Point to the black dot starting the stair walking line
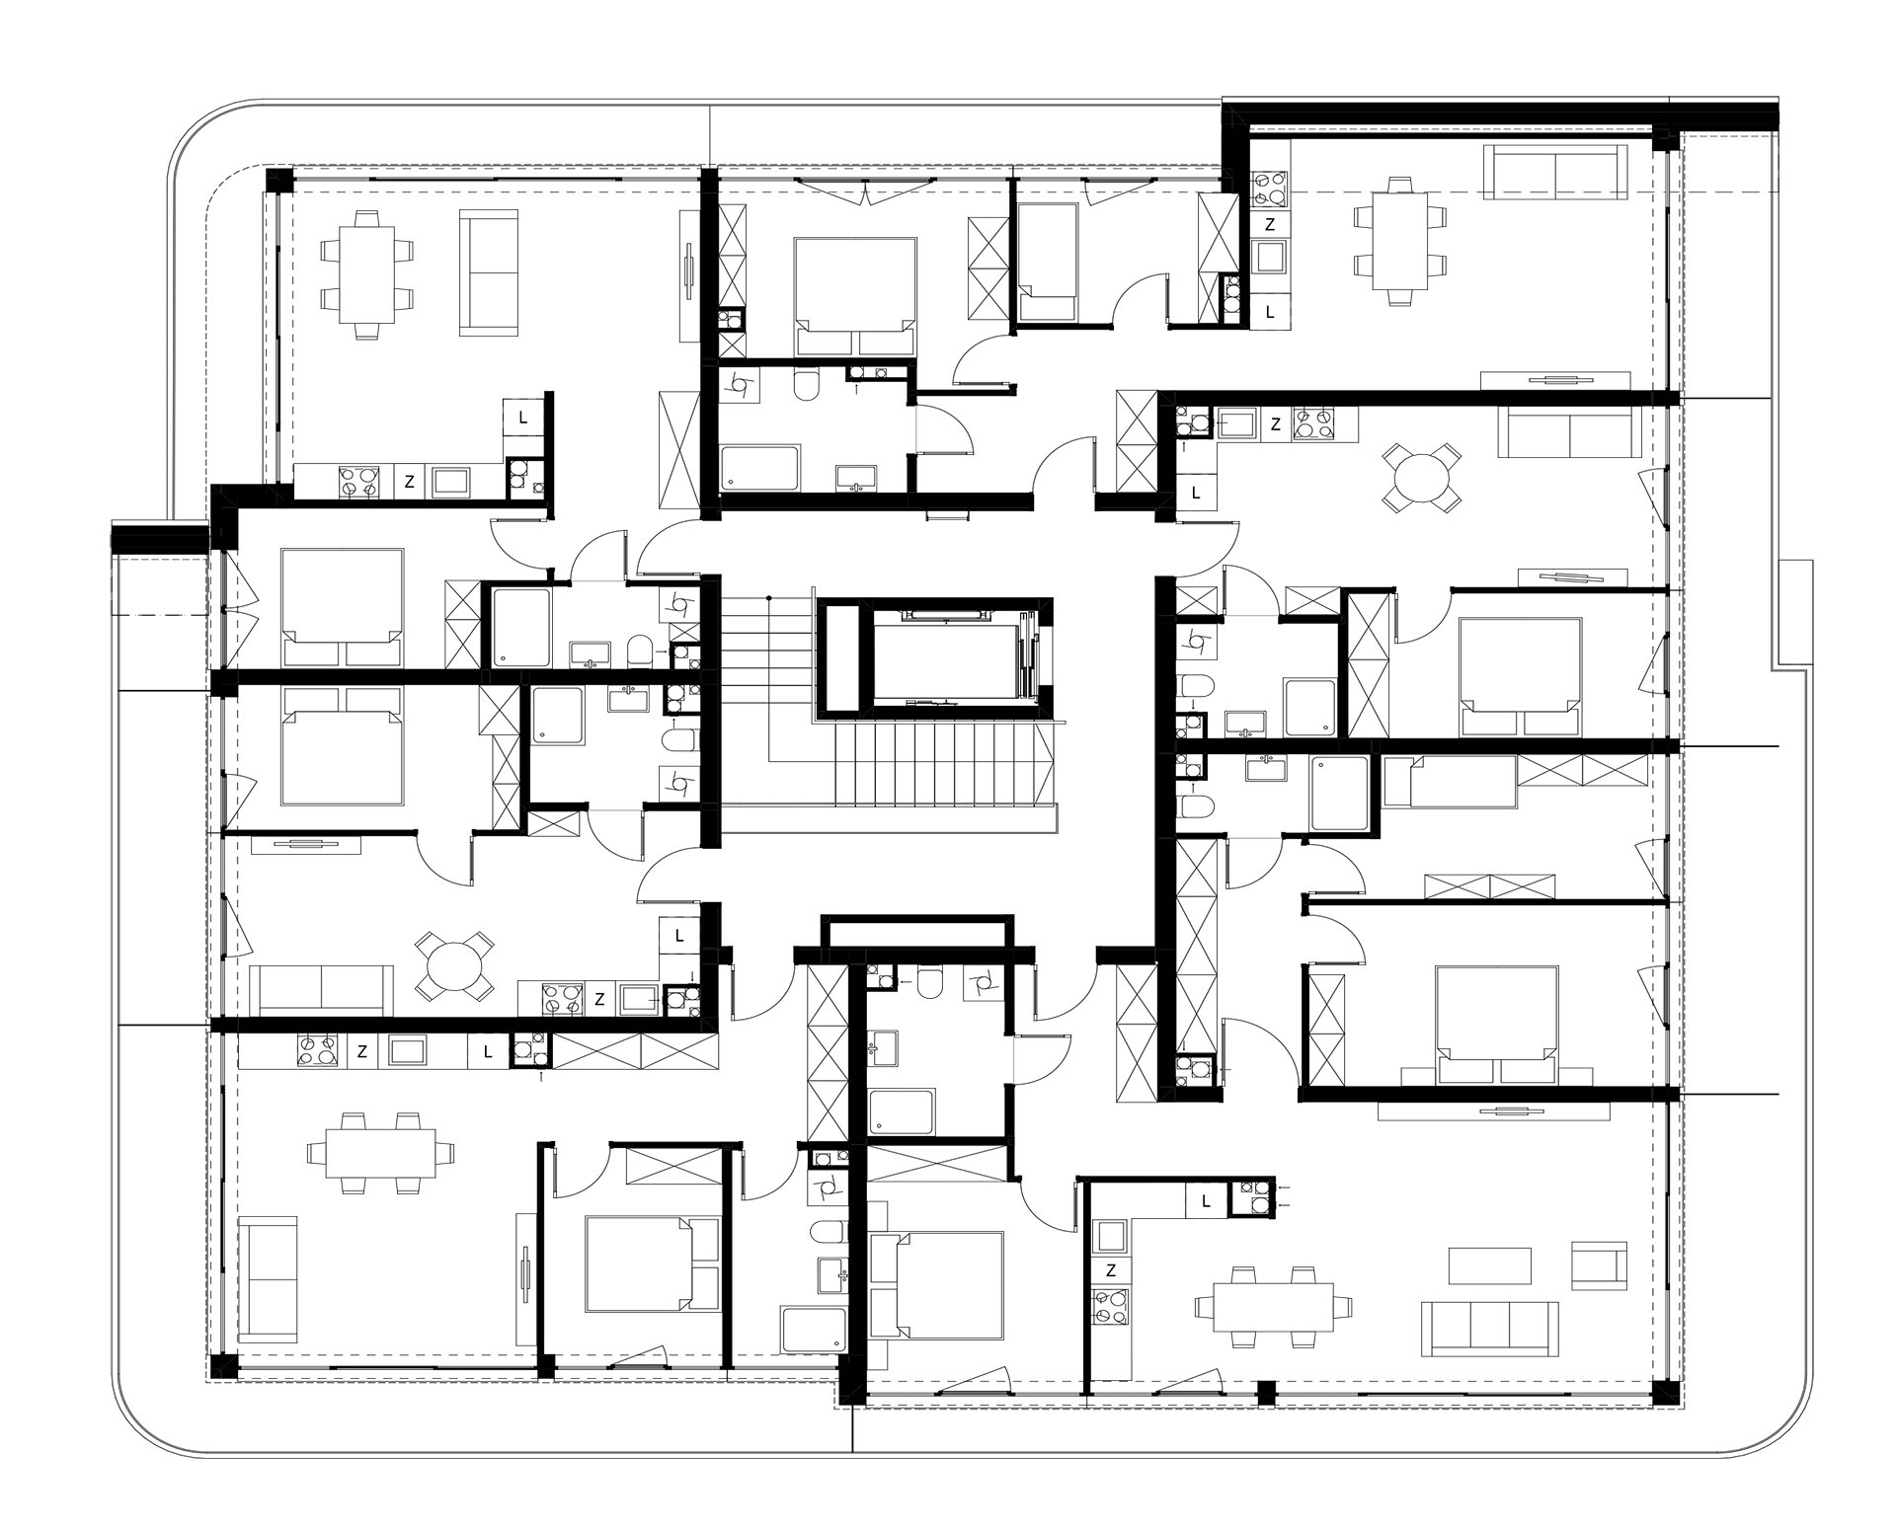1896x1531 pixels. click(768, 597)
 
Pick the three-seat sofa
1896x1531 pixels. click(1490, 1329)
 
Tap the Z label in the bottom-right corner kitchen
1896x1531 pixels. click(1112, 1269)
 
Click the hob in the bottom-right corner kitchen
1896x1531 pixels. click(1111, 1308)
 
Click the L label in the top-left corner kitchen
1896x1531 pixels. click(523, 418)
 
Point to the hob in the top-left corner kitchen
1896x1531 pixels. click(357, 482)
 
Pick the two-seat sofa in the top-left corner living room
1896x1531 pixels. click(489, 272)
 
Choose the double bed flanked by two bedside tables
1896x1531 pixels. click(1496, 1028)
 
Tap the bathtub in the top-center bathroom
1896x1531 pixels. click(759, 468)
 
